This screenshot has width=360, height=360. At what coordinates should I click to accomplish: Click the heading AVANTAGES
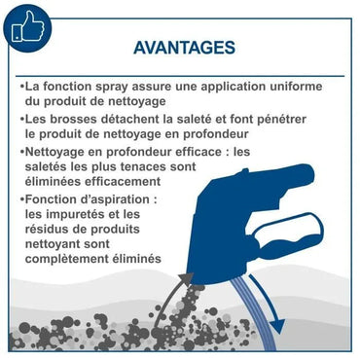(x=182, y=48)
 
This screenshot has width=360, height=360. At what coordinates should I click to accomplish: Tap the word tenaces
(x=166, y=166)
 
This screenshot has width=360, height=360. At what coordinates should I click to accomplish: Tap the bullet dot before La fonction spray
(x=21, y=86)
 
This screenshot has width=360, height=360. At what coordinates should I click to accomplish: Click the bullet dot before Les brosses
(x=21, y=118)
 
